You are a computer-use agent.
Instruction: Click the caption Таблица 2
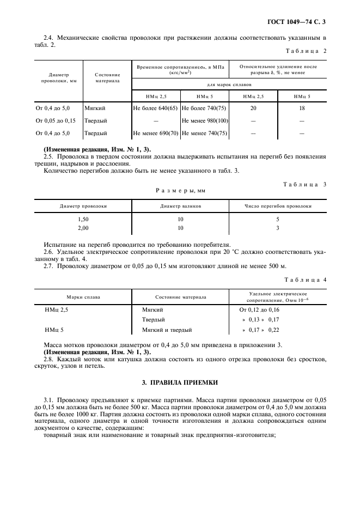pyautogui.click(x=306, y=51)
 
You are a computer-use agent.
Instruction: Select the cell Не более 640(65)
pyautogui.click(x=155, y=108)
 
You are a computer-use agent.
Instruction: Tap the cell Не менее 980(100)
pyautogui.click(x=204, y=120)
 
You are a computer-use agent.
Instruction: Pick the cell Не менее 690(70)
pyautogui.click(x=155, y=133)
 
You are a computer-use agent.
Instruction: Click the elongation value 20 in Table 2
pyautogui.click(x=253, y=108)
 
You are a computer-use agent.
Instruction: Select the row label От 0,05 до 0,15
pyautogui.click(x=56, y=120)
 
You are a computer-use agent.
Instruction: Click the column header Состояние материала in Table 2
pyautogui.click(x=107, y=77)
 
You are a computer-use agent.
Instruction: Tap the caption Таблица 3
pyautogui.click(x=305, y=184)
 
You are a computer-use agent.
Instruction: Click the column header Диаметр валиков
pyautogui.click(x=180, y=207)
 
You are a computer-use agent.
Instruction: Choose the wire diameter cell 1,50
pyautogui.click(x=83, y=219)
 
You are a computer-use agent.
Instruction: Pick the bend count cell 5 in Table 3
pyautogui.click(x=277, y=219)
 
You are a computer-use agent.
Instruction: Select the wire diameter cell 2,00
pyautogui.click(x=83, y=228)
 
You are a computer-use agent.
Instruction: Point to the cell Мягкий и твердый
pyautogui.click(x=167, y=330)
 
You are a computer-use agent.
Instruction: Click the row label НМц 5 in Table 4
pyautogui.click(x=54, y=330)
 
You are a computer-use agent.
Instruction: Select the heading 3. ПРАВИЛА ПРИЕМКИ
pyautogui.click(x=180, y=383)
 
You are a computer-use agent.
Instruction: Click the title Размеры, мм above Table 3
pyautogui.click(x=180, y=191)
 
